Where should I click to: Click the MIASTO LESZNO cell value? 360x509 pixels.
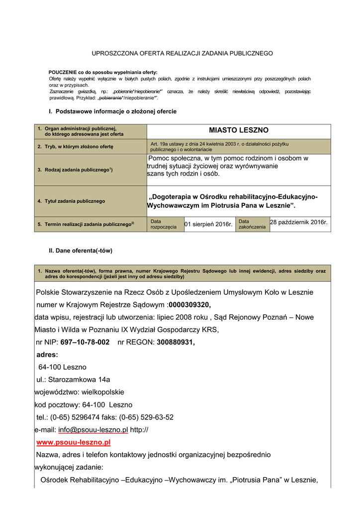click(x=238, y=130)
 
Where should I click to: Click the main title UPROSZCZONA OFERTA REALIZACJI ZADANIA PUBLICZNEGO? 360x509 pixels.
click(x=183, y=53)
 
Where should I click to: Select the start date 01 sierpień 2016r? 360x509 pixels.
click(x=208, y=225)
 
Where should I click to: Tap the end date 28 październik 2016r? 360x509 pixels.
click(x=299, y=222)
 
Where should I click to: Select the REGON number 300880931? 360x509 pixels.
click(x=176, y=342)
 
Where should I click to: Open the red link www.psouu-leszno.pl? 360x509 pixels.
click(x=73, y=442)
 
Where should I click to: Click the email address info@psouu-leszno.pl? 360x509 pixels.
click(x=93, y=429)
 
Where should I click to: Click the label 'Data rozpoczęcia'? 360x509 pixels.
click(x=163, y=224)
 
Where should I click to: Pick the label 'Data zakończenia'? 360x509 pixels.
click(x=252, y=224)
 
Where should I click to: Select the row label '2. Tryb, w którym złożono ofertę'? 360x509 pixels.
click(x=76, y=147)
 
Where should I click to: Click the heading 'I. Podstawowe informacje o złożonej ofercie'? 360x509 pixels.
click(x=112, y=111)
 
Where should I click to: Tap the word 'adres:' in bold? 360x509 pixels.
click(x=47, y=355)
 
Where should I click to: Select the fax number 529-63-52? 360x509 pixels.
click(x=157, y=417)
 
